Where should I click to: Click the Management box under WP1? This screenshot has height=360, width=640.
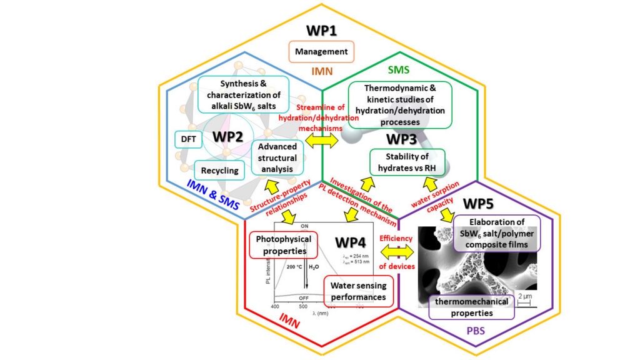(x=322, y=51)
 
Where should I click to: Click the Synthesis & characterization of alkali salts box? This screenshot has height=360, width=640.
(x=245, y=93)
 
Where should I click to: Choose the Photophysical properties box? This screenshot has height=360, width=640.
(x=284, y=245)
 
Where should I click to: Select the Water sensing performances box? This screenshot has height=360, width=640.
(x=359, y=291)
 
